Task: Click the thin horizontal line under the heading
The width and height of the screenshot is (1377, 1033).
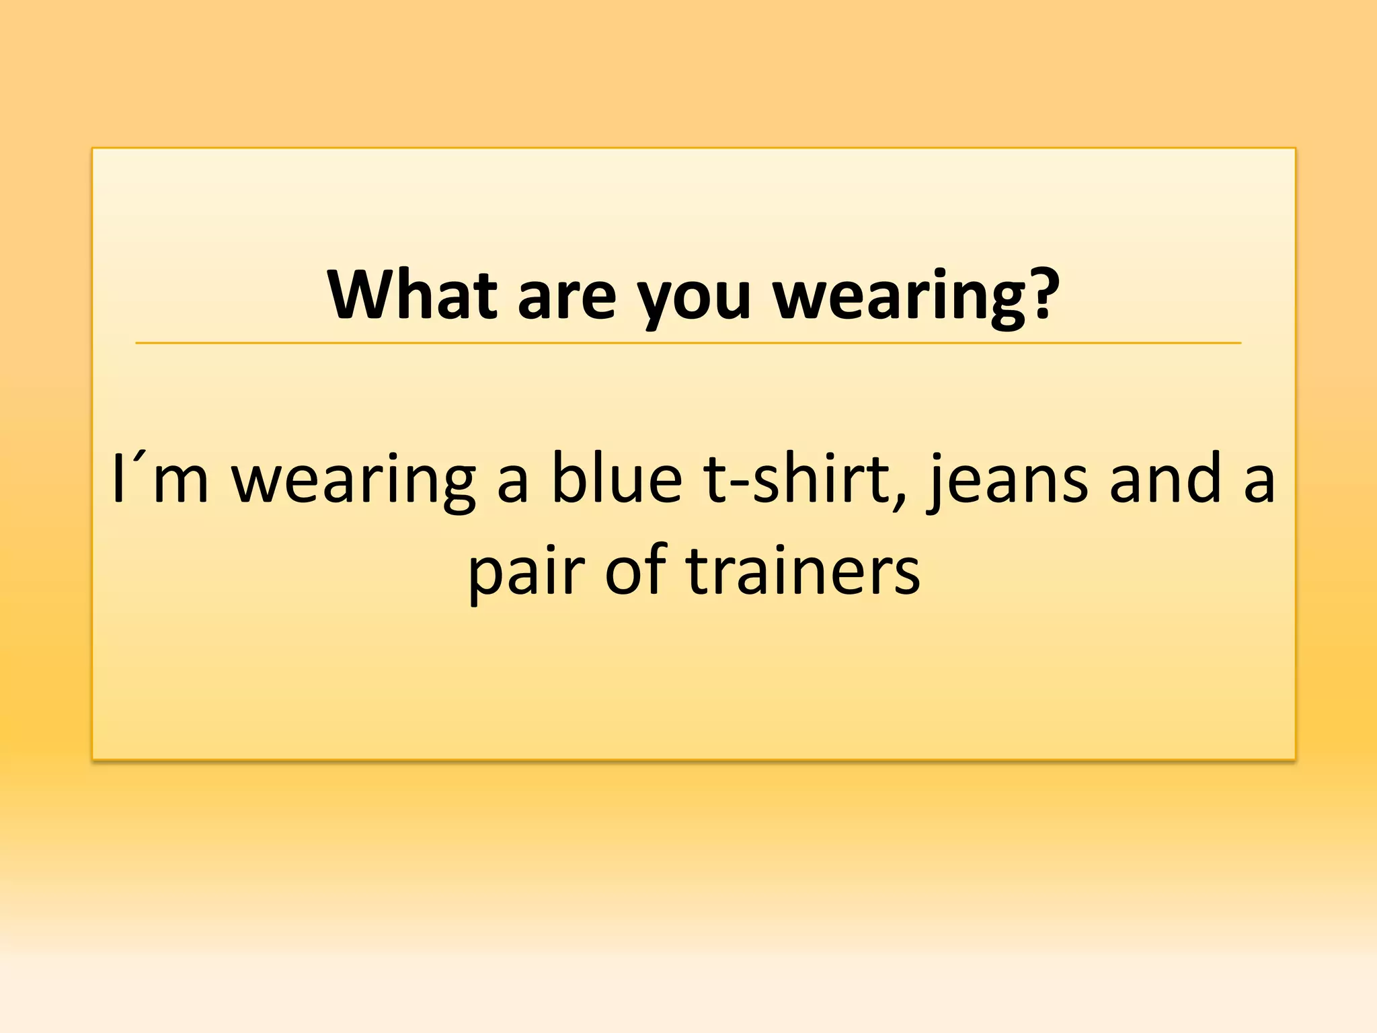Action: [688, 343]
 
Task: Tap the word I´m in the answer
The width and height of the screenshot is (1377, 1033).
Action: [160, 479]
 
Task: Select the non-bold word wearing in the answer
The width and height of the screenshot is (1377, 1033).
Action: [354, 482]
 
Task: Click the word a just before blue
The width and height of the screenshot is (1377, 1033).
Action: [512, 484]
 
